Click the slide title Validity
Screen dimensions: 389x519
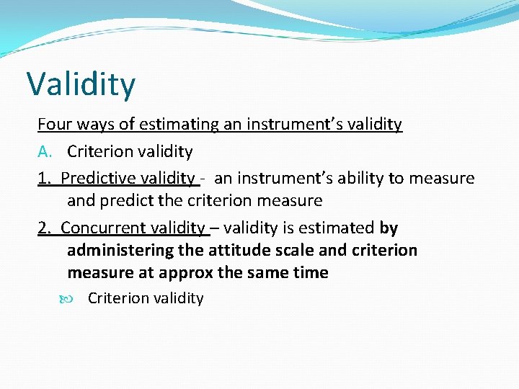click(x=81, y=84)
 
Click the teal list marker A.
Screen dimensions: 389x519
click(x=45, y=152)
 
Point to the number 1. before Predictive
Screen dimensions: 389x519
click(x=45, y=178)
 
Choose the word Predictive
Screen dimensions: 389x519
click(x=96, y=178)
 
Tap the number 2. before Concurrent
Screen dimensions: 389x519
click(x=45, y=228)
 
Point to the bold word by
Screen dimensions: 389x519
click(x=389, y=228)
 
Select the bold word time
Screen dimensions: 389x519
click(x=310, y=273)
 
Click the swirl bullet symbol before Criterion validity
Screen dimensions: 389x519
click(x=76, y=298)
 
